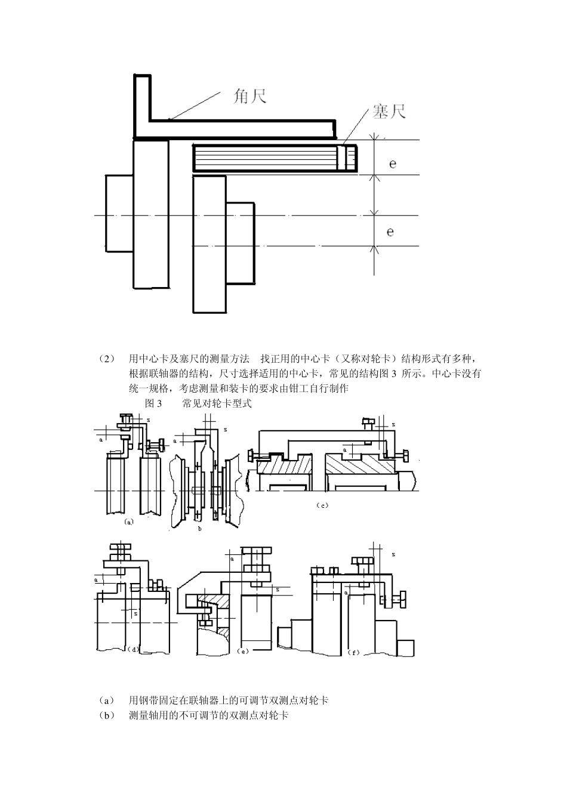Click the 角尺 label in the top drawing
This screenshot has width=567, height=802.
249,96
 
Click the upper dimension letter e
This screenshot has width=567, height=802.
392,162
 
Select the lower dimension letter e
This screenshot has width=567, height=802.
390,231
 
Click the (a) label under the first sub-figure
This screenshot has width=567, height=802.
128,521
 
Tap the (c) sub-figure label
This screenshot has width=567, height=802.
322,505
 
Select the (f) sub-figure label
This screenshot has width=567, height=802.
353,653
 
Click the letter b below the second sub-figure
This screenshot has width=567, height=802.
200,528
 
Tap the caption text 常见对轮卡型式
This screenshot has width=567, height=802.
217,404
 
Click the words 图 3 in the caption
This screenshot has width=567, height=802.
153,404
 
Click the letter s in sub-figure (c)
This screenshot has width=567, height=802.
393,424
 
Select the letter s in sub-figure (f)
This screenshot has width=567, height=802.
393,554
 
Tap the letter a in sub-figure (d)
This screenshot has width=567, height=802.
96,579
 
